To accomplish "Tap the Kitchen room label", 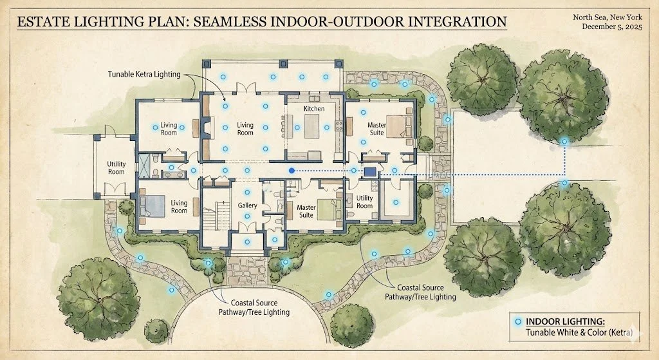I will coord(314,109).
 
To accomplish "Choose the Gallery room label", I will coord(248,205).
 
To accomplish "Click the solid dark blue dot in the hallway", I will coord(292,171).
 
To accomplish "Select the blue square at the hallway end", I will coord(370,172).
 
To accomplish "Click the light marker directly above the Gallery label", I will coord(246,192).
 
